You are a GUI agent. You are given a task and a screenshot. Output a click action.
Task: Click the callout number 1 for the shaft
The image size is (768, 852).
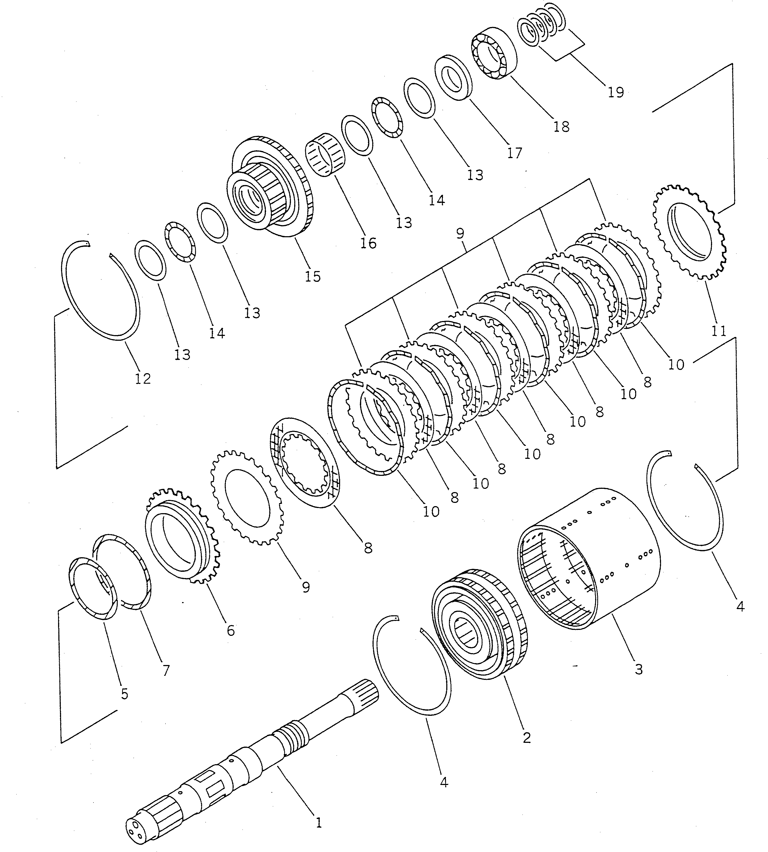click(x=319, y=822)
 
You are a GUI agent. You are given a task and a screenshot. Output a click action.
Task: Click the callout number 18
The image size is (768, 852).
click(x=561, y=126)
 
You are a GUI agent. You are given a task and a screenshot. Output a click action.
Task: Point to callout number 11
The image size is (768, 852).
click(x=719, y=331)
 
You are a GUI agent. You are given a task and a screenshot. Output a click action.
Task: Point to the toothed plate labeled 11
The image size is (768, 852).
click(x=689, y=232)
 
